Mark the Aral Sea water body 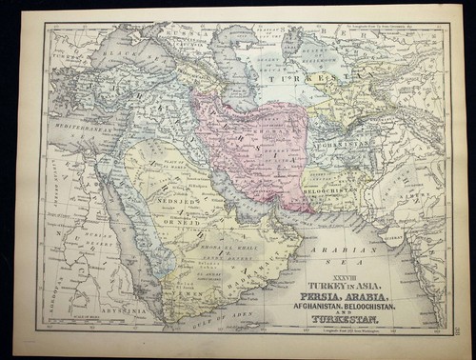point(294,44)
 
